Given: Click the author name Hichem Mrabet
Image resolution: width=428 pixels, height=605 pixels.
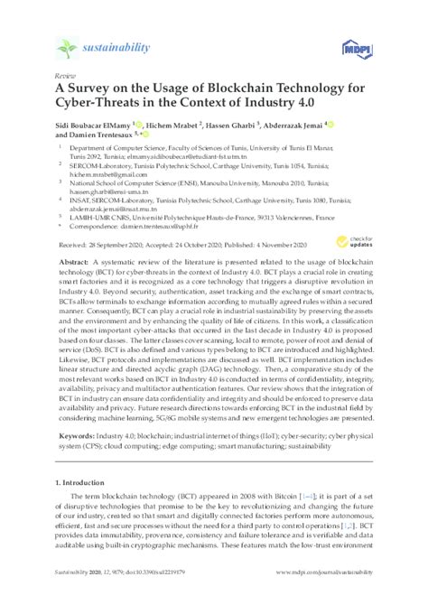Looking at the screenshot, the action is [172, 125].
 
